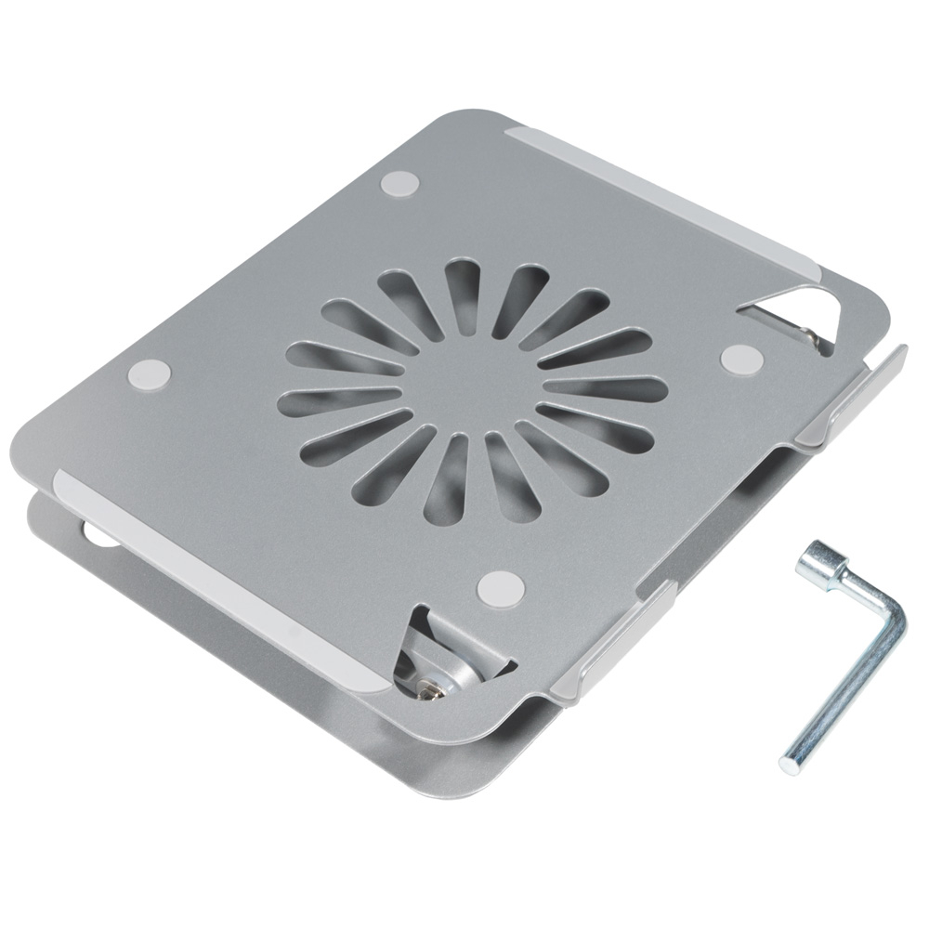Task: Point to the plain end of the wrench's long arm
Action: pos(792,763)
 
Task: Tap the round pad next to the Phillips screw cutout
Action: pos(503,586)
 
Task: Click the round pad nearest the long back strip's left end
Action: pos(400,181)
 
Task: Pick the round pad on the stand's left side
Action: pos(150,375)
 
